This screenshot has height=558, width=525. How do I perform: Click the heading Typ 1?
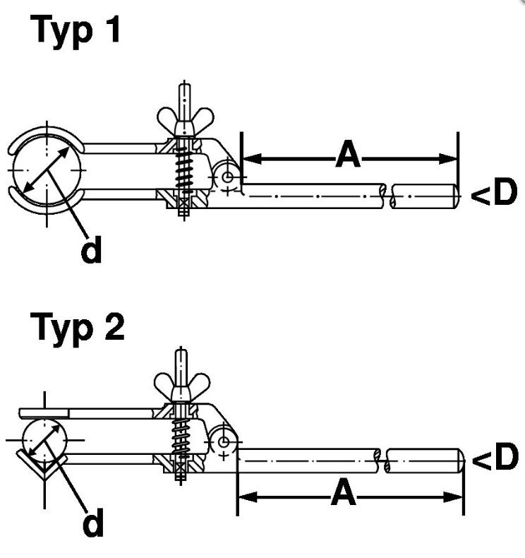point(76,32)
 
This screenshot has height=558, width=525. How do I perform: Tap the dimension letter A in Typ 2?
point(343,494)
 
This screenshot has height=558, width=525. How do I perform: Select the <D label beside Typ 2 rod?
point(494,460)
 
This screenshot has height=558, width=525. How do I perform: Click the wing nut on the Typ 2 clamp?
point(181,383)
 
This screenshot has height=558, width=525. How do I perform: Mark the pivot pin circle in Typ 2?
point(224,441)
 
